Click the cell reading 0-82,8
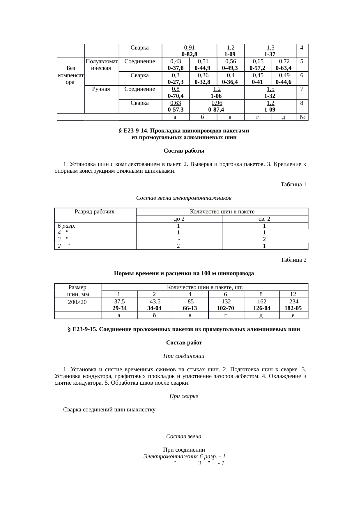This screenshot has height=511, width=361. (190, 54)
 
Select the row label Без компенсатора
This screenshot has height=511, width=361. (71, 75)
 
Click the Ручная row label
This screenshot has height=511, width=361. (101, 89)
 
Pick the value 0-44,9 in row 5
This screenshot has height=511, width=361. (203, 68)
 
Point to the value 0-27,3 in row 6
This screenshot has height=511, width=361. (176, 82)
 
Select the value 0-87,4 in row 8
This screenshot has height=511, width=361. (217, 110)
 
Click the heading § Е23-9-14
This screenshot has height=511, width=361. (184, 131)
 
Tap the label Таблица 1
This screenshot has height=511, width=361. (293, 185)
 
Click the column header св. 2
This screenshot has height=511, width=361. (264, 219)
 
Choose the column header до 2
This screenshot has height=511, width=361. (179, 219)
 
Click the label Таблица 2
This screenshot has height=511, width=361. (293, 260)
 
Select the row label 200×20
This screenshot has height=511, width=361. (77, 302)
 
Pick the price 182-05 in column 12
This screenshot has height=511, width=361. (293, 308)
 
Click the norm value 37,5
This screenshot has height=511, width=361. (119, 302)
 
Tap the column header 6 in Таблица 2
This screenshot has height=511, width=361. (226, 294)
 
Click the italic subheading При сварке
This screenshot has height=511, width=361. (184, 396)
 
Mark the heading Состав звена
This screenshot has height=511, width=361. (184, 436)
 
